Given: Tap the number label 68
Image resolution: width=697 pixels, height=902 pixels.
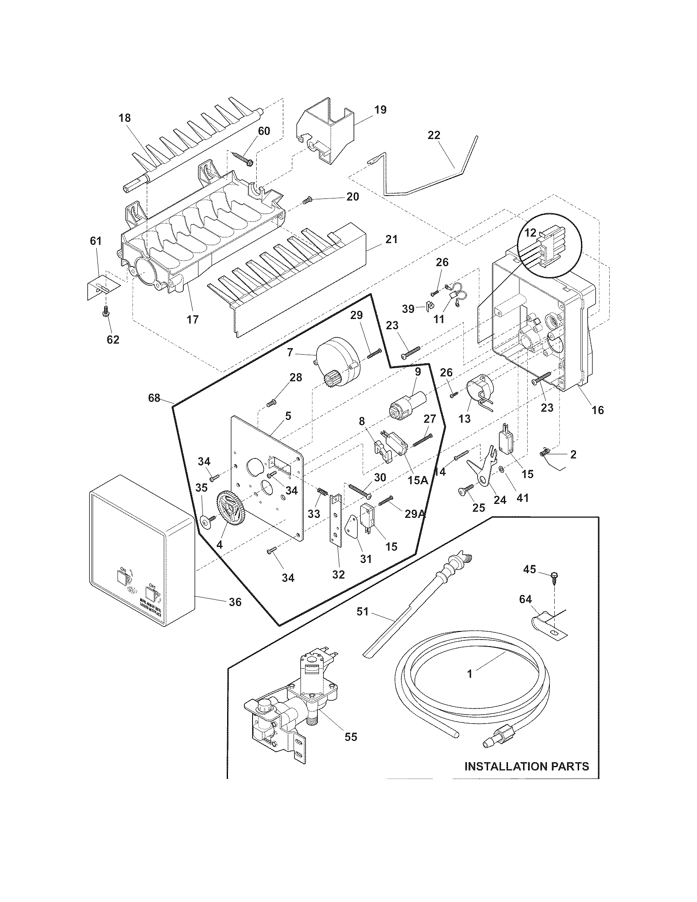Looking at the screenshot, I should pyautogui.click(x=155, y=398).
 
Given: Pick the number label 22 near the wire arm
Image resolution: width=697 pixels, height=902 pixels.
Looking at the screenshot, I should pyautogui.click(x=434, y=135).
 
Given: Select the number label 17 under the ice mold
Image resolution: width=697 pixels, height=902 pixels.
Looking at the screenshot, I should pyautogui.click(x=192, y=319).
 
